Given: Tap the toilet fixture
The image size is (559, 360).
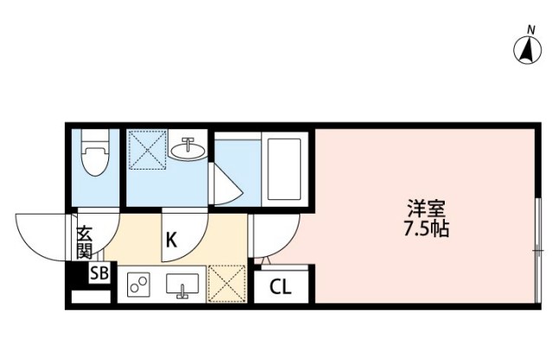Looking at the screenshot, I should point(93,157).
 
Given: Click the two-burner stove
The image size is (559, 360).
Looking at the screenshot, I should point(138,284).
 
